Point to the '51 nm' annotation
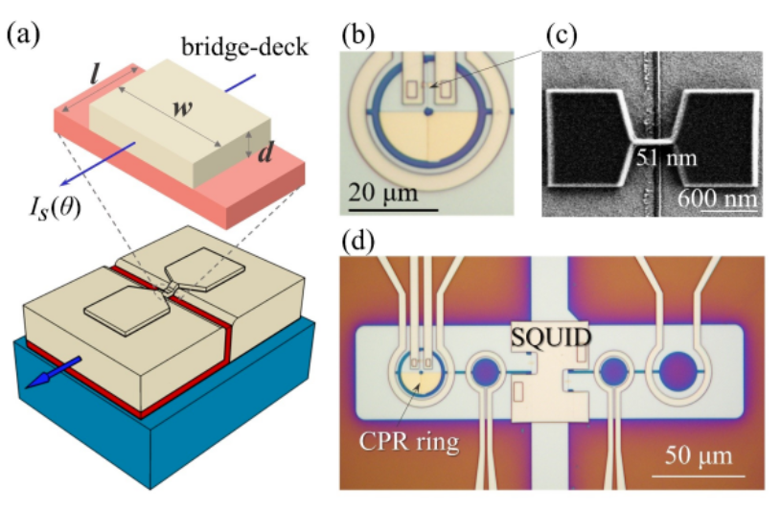[665, 155]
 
